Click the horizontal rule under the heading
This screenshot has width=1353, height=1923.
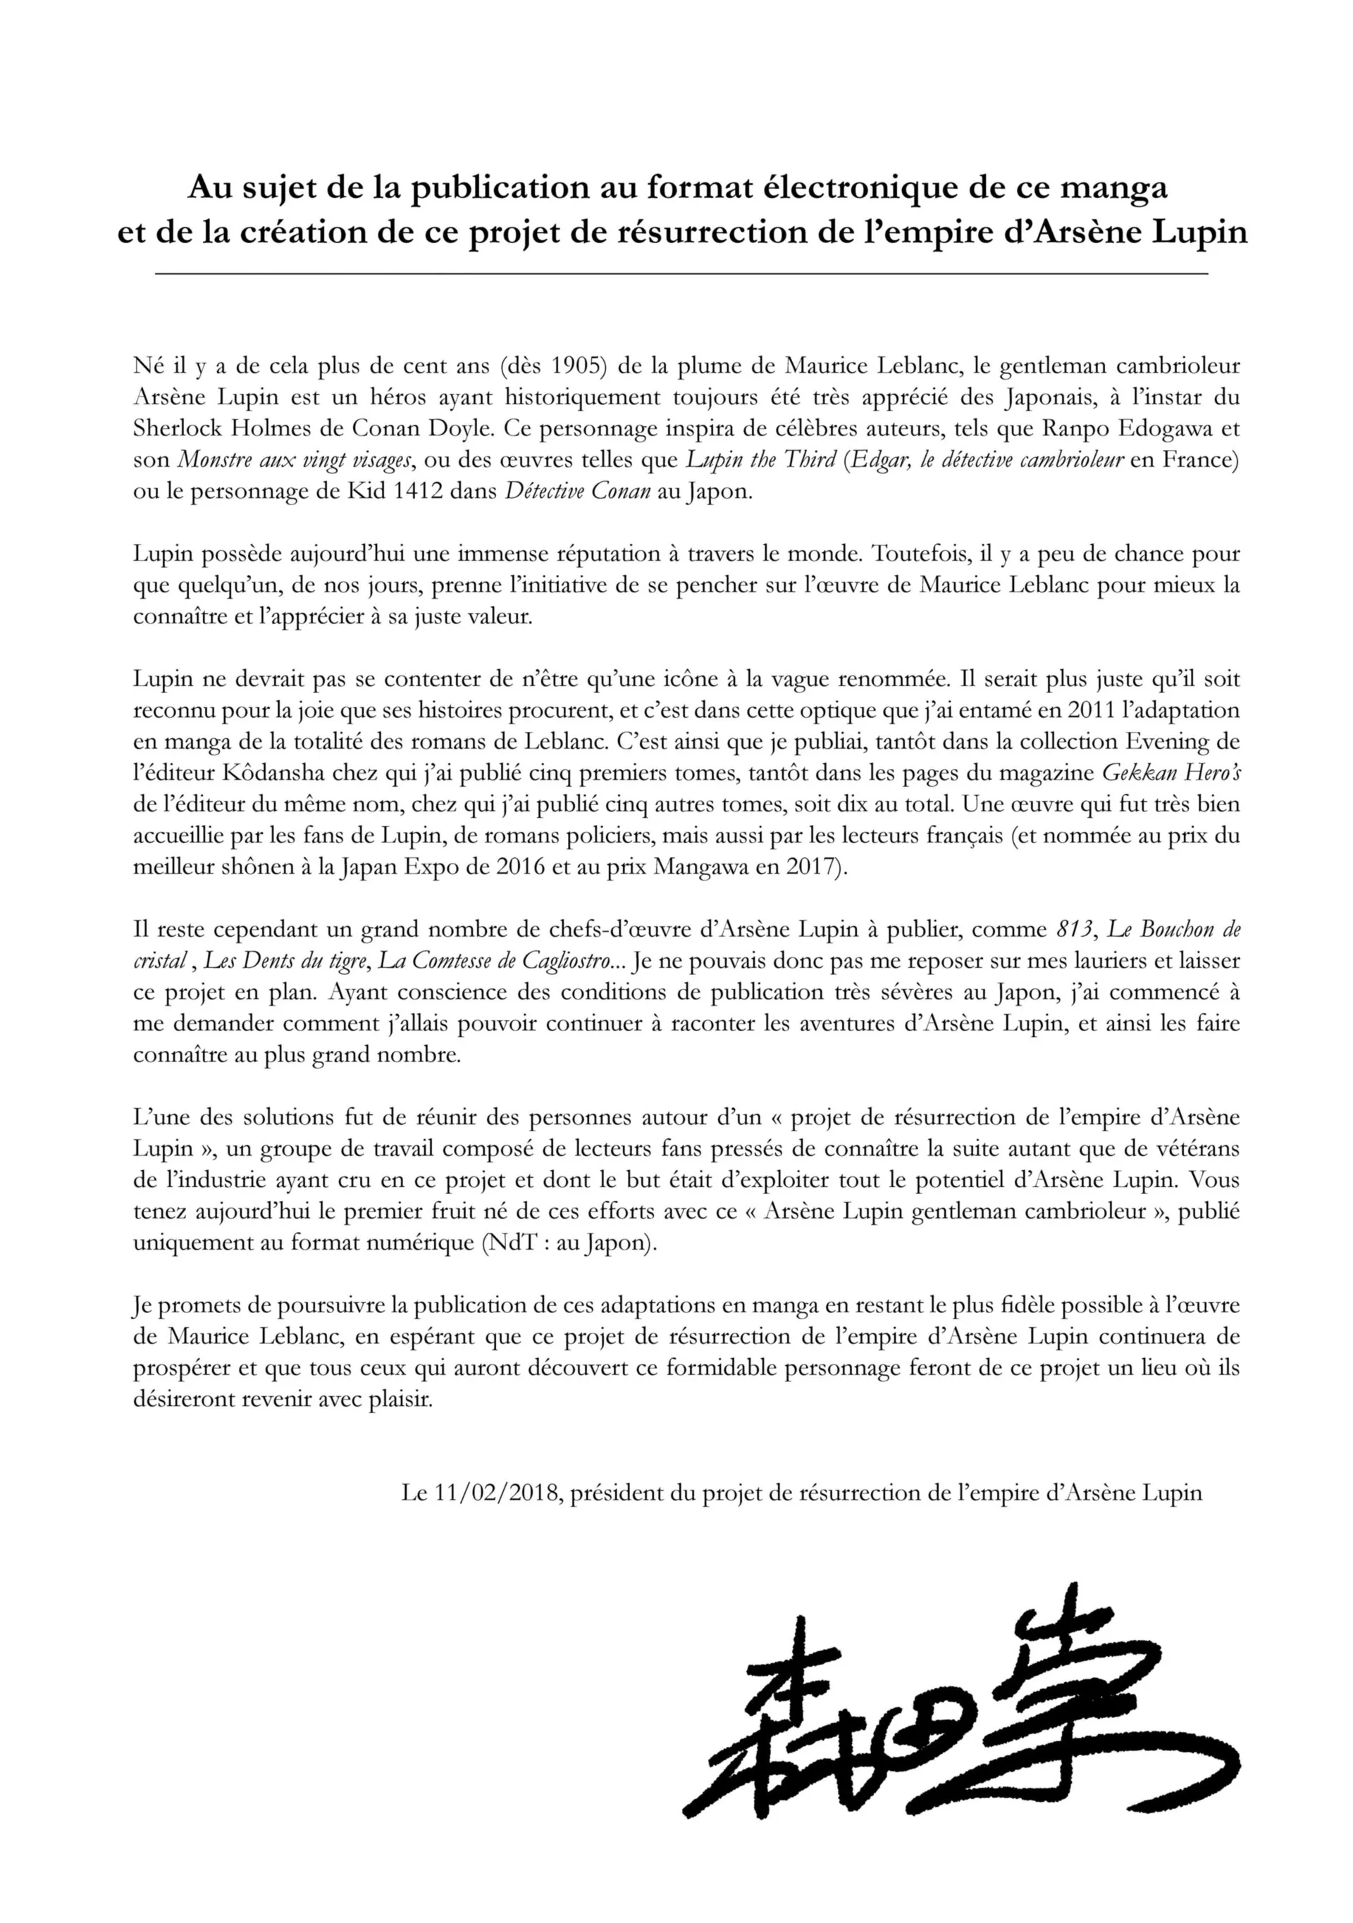(x=681, y=275)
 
